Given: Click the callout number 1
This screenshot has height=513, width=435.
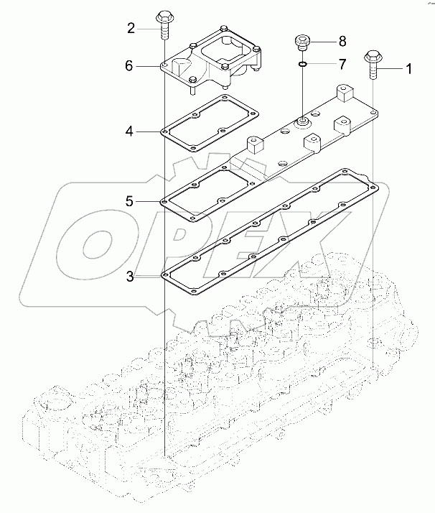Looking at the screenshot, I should (410, 69).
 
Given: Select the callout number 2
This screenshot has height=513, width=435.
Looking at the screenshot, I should (131, 29).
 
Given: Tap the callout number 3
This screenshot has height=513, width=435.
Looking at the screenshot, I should (129, 274).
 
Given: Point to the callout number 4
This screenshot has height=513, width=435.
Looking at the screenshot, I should (129, 131).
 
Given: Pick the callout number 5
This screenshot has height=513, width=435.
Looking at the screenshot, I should (129, 202).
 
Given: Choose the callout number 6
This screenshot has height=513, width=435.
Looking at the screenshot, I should (129, 66).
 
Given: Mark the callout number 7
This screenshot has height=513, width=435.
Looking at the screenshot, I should (342, 65).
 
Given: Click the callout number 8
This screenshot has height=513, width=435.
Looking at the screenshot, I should (342, 40).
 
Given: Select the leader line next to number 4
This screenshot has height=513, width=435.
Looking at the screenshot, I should (149, 131).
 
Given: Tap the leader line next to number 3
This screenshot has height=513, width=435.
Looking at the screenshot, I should (149, 274).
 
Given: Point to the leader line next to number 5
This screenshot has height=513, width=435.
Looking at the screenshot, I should (149, 202).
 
